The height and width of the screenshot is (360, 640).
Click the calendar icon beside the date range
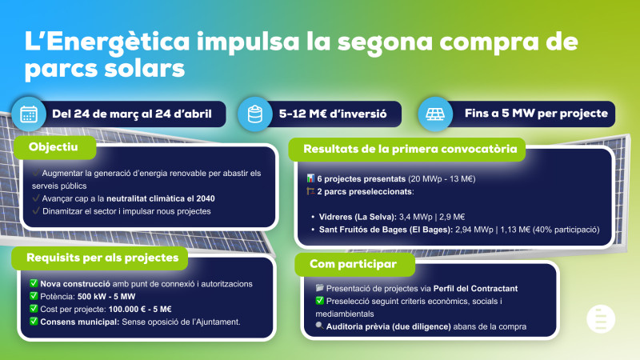point(29,114)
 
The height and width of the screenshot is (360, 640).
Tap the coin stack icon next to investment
point(254,114)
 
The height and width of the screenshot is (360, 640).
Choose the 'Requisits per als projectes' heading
point(101,258)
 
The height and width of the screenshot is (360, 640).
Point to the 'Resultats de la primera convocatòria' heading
point(409,148)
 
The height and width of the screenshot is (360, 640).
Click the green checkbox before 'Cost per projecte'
point(33,309)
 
